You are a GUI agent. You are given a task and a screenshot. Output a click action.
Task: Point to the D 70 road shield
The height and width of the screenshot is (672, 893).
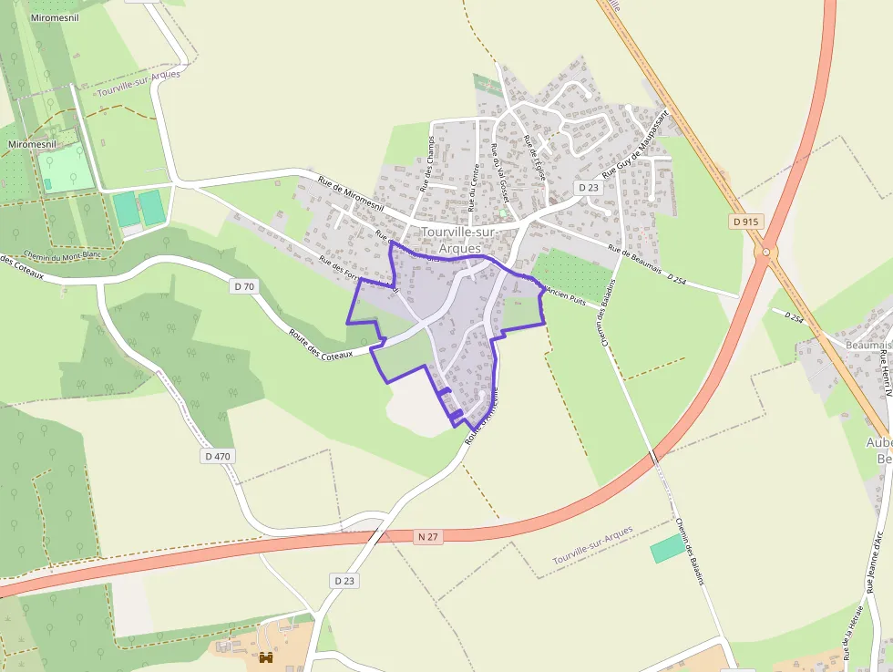pos(244,286)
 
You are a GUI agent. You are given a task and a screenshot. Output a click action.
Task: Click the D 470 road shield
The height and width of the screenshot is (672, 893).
pos(219,455)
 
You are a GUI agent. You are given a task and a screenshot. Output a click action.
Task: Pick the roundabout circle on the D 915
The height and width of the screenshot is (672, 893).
pos(765,252)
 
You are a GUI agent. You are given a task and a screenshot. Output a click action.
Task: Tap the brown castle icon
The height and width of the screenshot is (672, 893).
pos(267,656)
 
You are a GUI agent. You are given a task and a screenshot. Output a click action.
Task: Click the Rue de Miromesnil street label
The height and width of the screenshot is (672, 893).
pos(351,193)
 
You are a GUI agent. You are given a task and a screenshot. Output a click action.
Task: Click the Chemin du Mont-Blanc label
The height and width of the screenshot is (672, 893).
pos(63,255)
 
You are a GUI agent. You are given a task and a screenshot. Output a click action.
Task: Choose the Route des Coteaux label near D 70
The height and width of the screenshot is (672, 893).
pos(320,344)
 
